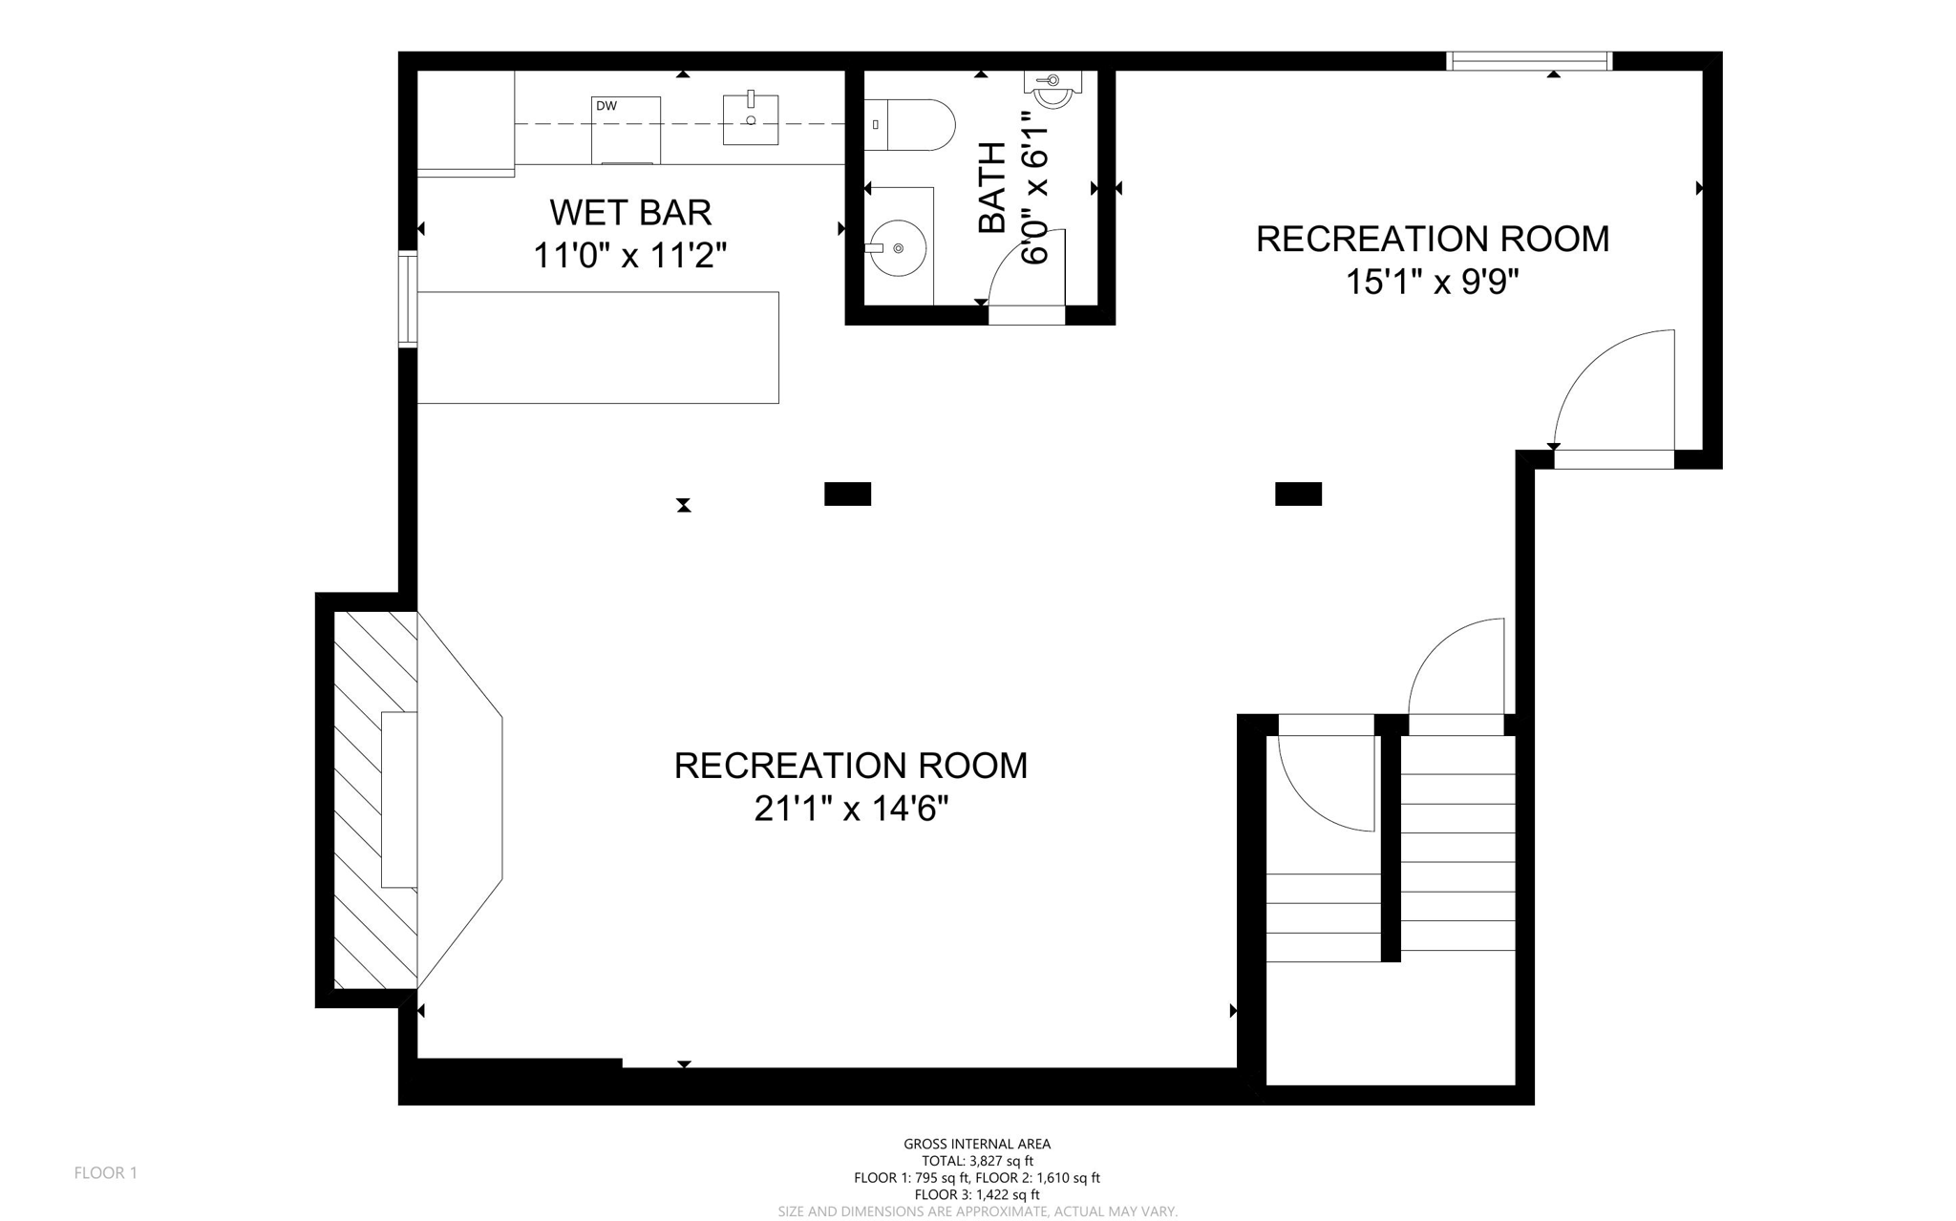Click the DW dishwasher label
click(x=606, y=106)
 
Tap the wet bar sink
click(x=751, y=119)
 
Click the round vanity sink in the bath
click(x=898, y=248)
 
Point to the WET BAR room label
click(x=630, y=212)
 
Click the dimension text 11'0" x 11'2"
click(x=630, y=256)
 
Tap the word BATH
click(x=992, y=187)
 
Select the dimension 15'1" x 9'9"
click(x=1432, y=283)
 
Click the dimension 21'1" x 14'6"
click(x=851, y=810)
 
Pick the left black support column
click(x=847, y=494)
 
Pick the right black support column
click(x=1298, y=494)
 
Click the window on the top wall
click(x=1529, y=61)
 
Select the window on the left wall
click(x=408, y=298)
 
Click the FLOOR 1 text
click(x=106, y=1172)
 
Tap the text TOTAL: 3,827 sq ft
click(x=977, y=1161)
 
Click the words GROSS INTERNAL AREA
click(x=977, y=1144)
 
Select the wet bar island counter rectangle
click(x=598, y=347)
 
